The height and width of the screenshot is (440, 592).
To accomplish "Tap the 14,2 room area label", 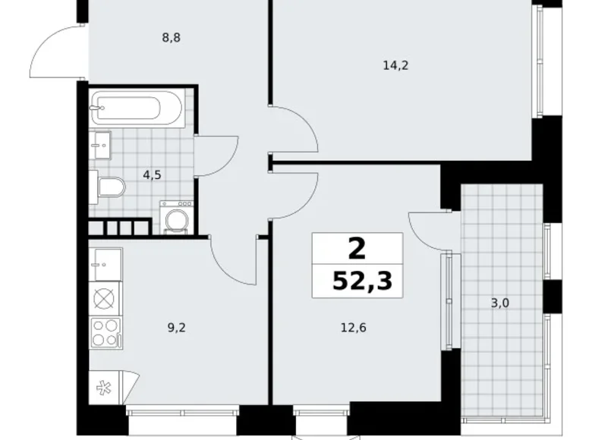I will coord(395,65).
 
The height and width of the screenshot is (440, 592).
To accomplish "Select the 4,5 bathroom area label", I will coord(153,174).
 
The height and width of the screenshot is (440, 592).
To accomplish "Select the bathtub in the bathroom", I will coord(135,107).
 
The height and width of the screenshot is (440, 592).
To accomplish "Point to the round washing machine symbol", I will coord(177,221).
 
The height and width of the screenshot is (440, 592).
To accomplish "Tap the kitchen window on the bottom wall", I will coord(181,413).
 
